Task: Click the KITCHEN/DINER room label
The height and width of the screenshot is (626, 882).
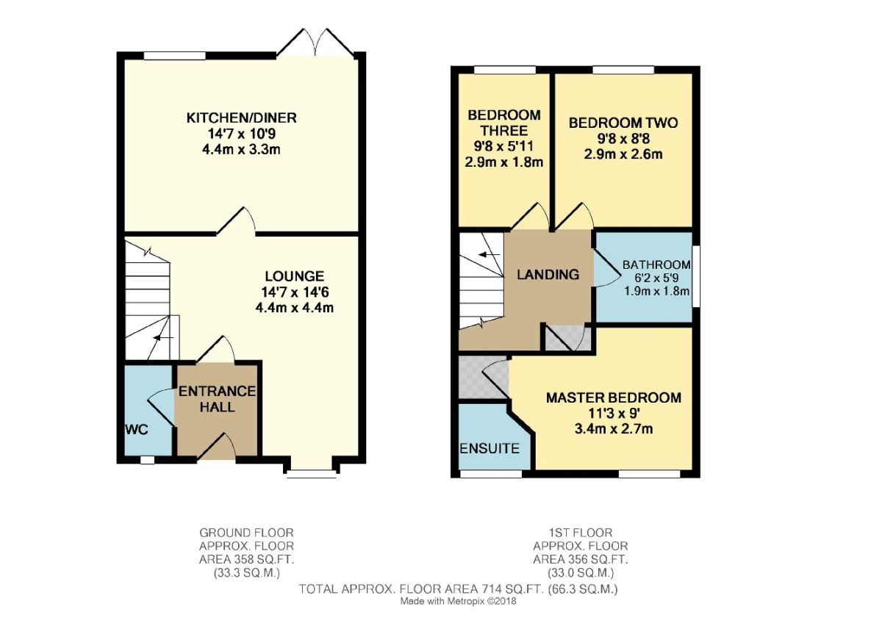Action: [241, 118]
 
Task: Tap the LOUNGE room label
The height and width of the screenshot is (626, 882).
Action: [294, 277]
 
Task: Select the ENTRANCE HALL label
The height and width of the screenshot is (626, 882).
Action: [217, 398]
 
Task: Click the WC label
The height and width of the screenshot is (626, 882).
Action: [137, 429]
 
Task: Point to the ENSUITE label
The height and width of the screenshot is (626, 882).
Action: [490, 448]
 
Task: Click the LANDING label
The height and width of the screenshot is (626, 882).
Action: [548, 275]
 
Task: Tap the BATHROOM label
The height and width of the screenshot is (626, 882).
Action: [656, 265]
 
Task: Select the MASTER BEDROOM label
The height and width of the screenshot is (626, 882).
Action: [613, 397]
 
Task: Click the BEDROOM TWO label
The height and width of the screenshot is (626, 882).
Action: [623, 123]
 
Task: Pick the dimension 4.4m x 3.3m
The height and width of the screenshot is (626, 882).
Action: [241, 150]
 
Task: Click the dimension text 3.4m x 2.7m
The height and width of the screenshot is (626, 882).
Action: [613, 429]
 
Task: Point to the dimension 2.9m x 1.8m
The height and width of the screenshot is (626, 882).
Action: [504, 162]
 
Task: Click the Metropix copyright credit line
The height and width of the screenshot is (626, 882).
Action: [458, 601]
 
